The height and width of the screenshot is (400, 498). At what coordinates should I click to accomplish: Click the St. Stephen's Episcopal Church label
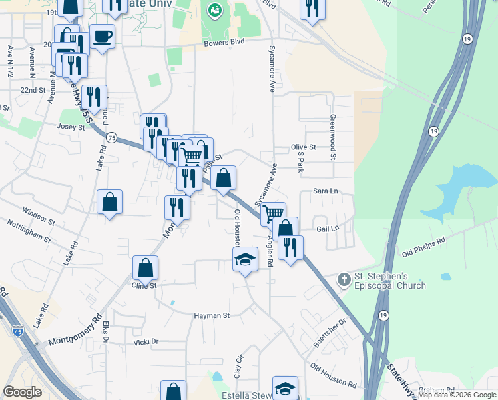389,281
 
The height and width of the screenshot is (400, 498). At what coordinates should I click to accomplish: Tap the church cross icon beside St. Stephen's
344,278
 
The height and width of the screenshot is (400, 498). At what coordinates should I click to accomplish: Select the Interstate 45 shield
17,329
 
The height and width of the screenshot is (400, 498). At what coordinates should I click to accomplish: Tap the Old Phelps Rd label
423,247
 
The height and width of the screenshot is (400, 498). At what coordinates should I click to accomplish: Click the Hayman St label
211,315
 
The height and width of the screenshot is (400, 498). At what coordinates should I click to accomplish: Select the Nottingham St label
28,233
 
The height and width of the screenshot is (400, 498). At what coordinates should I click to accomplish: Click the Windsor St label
38,217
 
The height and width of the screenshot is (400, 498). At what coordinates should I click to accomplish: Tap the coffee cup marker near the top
102,36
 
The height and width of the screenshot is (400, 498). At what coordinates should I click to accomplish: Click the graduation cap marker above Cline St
245,260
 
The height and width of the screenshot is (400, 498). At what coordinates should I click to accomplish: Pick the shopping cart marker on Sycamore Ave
273,214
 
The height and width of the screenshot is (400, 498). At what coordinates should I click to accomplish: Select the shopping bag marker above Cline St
145,268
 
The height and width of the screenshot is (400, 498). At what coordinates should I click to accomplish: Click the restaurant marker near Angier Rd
290,247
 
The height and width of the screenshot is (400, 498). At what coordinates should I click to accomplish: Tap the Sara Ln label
326,191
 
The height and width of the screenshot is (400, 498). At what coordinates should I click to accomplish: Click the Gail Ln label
328,228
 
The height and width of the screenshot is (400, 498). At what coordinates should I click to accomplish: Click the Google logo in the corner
23,392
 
